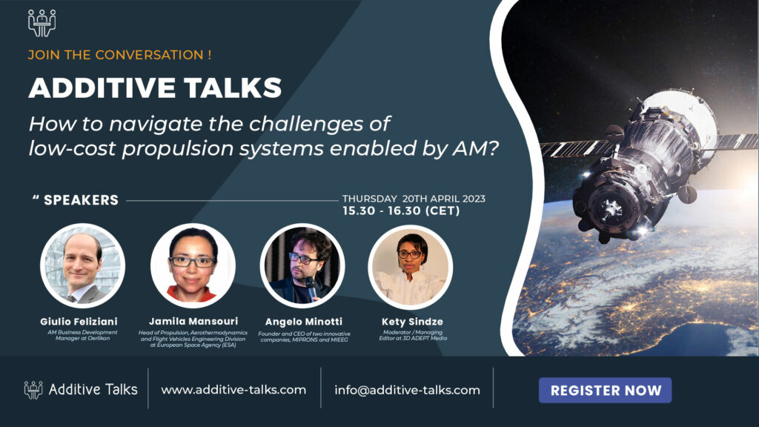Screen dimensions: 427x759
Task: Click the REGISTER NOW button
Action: (605, 390)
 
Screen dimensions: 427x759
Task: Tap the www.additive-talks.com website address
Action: (233, 390)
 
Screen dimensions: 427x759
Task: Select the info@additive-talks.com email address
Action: (407, 390)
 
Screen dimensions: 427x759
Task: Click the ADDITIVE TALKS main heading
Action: (155, 88)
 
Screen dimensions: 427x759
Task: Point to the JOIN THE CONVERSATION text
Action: (120, 55)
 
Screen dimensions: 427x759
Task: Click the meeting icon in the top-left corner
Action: (42, 22)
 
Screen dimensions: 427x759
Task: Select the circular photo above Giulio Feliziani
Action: (82, 265)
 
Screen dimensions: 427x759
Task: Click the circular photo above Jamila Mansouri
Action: (193, 265)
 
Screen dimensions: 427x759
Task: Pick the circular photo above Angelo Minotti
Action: (302, 265)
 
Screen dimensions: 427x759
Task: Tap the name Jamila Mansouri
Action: (193, 321)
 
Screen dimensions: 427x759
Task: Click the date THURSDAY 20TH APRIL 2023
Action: (414, 199)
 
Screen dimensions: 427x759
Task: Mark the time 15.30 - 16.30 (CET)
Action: (401, 211)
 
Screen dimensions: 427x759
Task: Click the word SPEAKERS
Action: (81, 200)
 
